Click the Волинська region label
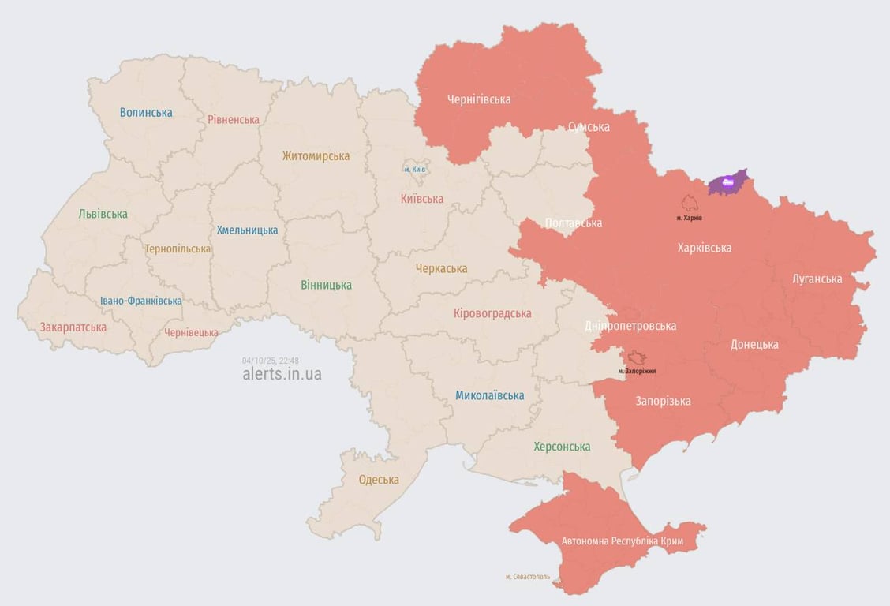pyautogui.click(x=146, y=112)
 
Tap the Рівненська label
pyautogui.click(x=234, y=120)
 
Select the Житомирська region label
pyautogui.click(x=316, y=156)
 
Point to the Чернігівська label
pyautogui.click(x=479, y=99)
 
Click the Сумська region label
pyautogui.click(x=589, y=126)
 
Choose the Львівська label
pyautogui.click(x=103, y=214)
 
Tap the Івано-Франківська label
pyautogui.click(x=141, y=301)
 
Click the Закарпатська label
pyautogui.click(x=73, y=327)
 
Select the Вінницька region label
pyautogui.click(x=326, y=285)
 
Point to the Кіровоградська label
pyautogui.click(x=492, y=313)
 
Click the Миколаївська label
pyautogui.click(x=489, y=395)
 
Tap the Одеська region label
pyautogui.click(x=379, y=480)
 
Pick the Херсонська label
pyautogui.click(x=562, y=447)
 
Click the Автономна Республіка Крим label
pyautogui.click(x=622, y=541)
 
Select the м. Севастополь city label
pyautogui.click(x=528, y=577)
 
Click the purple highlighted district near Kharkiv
pyautogui.click(x=727, y=183)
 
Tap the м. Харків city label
pyautogui.click(x=689, y=218)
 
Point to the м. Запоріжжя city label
pyautogui.click(x=637, y=371)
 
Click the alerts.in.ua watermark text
pyautogui.click(x=282, y=374)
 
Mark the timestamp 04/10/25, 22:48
pyautogui.click(x=271, y=360)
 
